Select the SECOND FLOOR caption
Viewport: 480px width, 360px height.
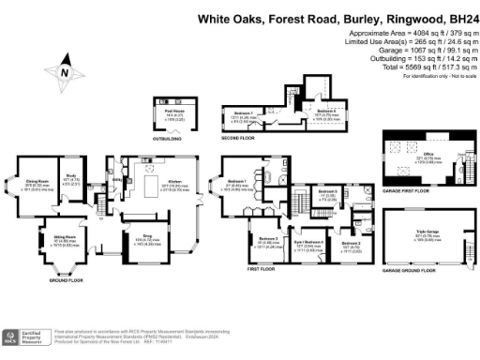[x=240, y=138]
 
